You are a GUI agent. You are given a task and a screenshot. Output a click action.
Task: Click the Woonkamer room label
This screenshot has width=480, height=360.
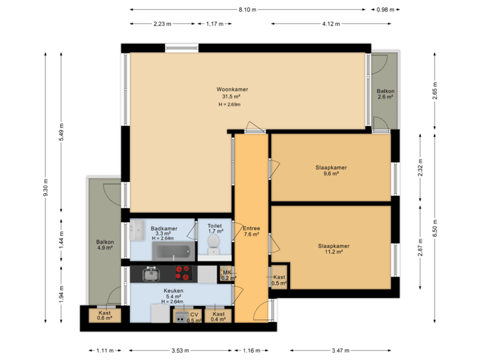[232, 89]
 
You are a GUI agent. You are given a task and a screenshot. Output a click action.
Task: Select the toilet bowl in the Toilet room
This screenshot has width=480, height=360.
[213, 248]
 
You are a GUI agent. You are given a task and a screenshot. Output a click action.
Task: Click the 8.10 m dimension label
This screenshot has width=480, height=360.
[247, 9]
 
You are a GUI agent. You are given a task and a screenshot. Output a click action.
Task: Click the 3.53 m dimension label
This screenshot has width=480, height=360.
[181, 350]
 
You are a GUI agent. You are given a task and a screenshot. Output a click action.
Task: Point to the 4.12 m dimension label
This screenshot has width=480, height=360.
[331, 24]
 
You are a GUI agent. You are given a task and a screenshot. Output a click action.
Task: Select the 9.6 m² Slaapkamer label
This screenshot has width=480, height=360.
[331, 170]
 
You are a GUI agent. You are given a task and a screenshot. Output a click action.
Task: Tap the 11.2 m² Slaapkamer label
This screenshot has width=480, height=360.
[334, 249]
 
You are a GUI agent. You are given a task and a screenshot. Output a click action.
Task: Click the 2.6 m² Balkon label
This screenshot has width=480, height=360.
[385, 94]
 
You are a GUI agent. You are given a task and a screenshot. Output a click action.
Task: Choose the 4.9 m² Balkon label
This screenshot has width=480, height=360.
[105, 245]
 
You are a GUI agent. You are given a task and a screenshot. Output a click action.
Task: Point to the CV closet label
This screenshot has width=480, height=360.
[194, 317]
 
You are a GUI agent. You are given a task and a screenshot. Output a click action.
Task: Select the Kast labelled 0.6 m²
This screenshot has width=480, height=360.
[105, 315]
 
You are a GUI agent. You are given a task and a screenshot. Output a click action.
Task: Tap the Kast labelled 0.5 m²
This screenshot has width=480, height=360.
[279, 280]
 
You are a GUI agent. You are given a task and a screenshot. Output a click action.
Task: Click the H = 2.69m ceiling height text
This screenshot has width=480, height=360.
[229, 105]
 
